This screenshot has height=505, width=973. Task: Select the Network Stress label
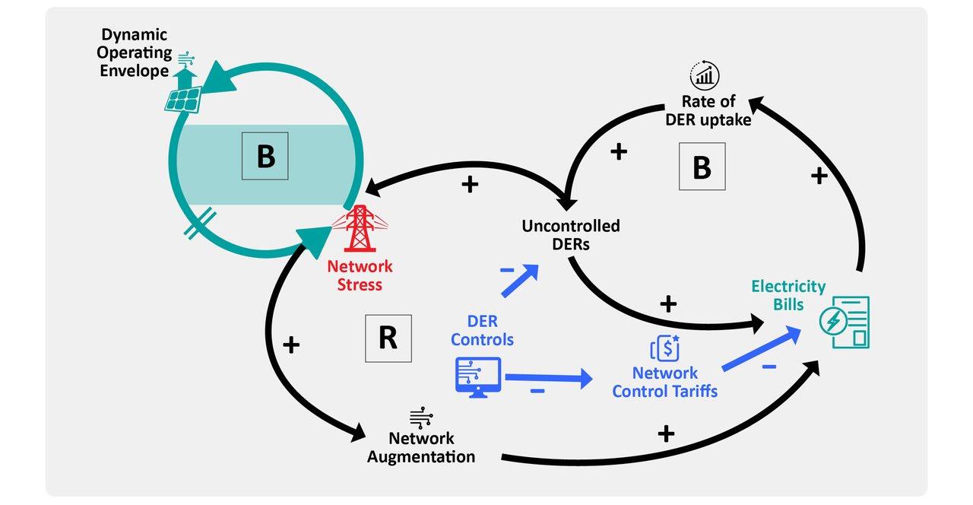[360, 275]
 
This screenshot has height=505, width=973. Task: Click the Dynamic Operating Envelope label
[134, 53]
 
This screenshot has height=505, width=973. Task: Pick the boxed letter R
[388, 338]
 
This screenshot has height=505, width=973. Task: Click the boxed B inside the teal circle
[265, 157]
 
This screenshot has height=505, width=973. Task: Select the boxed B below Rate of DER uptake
[701, 168]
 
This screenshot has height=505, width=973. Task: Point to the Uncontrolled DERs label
[570, 233]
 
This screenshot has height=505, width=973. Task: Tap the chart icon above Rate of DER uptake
[705, 76]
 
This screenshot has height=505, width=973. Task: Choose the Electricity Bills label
[788, 294]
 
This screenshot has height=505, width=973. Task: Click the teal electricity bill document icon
[845, 322]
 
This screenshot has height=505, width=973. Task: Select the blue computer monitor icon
[477, 375]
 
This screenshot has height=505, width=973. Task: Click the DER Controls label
[482, 330]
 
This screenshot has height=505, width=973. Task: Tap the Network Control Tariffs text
[665, 382]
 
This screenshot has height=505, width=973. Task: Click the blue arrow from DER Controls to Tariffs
[547, 376]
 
